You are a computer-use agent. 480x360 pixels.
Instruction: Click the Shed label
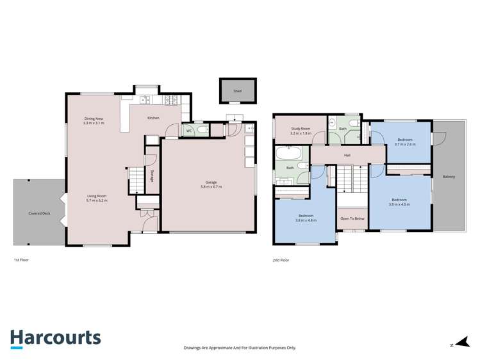(237, 92)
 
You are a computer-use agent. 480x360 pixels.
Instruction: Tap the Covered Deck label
(39, 213)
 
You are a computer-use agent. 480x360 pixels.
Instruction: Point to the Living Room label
(97, 196)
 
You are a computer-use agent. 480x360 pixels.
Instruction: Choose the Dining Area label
(94, 119)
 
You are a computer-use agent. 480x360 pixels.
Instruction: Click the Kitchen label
(153, 118)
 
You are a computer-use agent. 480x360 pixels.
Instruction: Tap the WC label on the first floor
(188, 131)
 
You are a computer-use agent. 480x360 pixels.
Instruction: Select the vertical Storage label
(152, 176)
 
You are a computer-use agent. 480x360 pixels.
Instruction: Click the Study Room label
(300, 129)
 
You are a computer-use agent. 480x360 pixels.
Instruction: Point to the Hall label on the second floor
(347, 155)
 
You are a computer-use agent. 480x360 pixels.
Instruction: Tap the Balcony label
(448, 177)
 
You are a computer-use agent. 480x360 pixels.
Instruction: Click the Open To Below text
(352, 218)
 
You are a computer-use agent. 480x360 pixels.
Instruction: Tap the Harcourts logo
(55, 338)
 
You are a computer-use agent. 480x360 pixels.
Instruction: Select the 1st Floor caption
(21, 260)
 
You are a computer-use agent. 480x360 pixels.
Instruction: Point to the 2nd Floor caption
(281, 260)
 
